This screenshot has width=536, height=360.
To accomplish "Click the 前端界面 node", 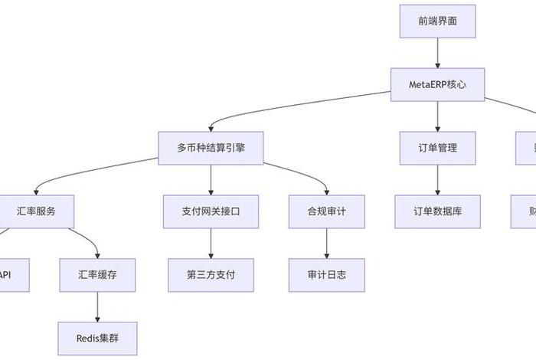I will [x=437, y=21].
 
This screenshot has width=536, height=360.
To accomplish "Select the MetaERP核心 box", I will [x=437, y=84].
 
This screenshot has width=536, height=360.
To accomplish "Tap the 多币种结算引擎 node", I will [x=211, y=148].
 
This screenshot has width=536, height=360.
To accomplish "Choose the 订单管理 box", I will [x=437, y=148].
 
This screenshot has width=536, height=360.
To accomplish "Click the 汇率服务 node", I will [x=37, y=211].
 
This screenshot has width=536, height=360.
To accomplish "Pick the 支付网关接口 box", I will [x=211, y=211].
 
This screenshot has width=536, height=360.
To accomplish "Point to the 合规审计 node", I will [x=327, y=211].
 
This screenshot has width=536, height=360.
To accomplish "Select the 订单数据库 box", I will [x=437, y=211].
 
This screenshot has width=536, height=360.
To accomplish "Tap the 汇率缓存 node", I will [x=97, y=274].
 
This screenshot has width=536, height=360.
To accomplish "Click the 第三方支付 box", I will [x=211, y=274].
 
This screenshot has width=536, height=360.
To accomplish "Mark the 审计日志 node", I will [x=327, y=274].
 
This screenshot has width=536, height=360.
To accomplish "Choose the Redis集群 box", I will [x=97, y=338].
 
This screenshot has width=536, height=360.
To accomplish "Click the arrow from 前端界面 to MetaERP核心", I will [x=437, y=53].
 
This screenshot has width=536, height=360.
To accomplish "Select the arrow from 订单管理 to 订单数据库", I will [x=437, y=179].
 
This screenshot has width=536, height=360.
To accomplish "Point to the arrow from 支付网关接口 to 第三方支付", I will [x=211, y=243].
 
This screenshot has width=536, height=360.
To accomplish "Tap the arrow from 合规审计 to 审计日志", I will [x=327, y=243].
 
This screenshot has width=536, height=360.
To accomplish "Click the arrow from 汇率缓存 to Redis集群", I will [x=97, y=306].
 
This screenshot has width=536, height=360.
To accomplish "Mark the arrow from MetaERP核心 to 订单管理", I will [x=437, y=116].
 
